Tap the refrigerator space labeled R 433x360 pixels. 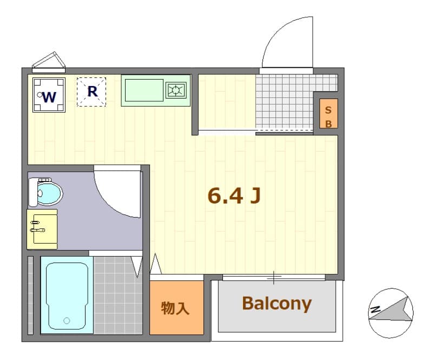pyautogui.click(x=92, y=91)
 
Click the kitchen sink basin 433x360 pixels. pyautogui.click(x=143, y=90)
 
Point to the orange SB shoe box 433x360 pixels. pyautogui.click(x=328, y=114)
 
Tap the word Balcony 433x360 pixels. pyautogui.click(x=277, y=304)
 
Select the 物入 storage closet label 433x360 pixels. pyautogui.click(x=176, y=308)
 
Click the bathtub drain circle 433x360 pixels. pyautogui.click(x=67, y=320)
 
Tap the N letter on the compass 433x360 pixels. pyautogui.click(x=375, y=310)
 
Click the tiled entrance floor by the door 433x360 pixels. pyautogui.click(x=284, y=103)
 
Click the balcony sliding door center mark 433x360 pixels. pyautogui.click(x=274, y=278)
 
